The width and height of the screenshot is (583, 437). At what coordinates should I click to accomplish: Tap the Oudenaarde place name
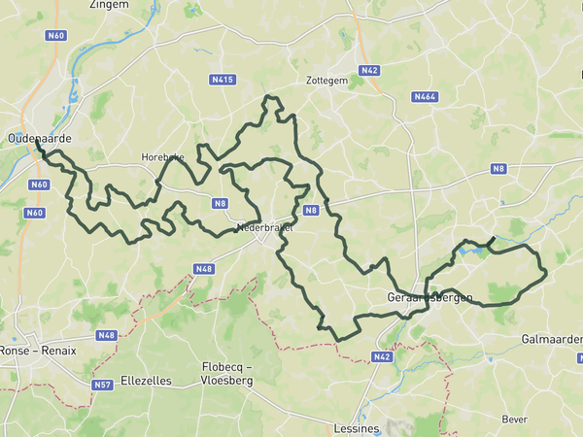[x=40, y=140]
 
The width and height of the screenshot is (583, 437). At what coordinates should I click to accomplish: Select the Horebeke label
[x=161, y=156]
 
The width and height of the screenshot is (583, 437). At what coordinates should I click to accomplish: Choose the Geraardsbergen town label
[x=429, y=296]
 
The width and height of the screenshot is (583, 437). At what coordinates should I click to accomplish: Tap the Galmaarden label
[x=552, y=339]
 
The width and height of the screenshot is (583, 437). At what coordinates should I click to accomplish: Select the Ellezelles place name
[x=148, y=381]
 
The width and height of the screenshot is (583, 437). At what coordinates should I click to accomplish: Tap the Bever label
[x=514, y=419]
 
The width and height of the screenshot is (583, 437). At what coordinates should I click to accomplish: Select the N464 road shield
[x=424, y=96]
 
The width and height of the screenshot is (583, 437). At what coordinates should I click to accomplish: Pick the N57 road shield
[x=102, y=386]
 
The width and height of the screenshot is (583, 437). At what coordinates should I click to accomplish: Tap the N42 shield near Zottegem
[x=369, y=71]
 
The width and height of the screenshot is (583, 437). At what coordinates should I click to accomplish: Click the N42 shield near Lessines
[x=382, y=357]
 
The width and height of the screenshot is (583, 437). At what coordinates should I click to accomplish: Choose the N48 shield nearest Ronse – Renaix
[x=106, y=336]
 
